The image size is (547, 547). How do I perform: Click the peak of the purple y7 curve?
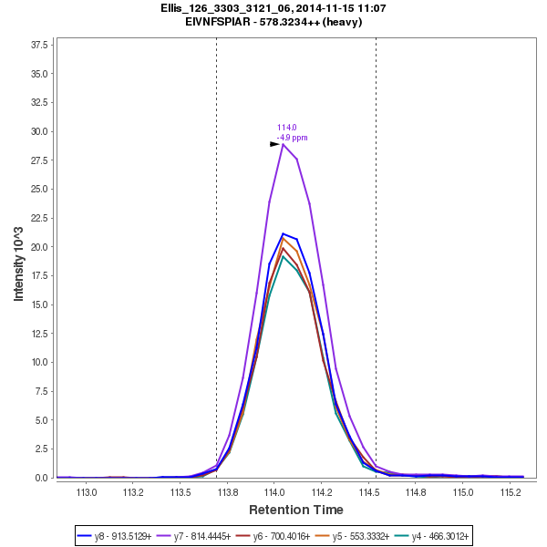click(x=283, y=144)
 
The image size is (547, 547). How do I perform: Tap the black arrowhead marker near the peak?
click(x=274, y=144)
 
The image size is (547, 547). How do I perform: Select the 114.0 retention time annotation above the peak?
click(x=286, y=128)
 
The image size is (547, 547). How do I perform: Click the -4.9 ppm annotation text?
click(x=292, y=138)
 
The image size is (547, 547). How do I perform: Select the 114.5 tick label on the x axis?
click(x=368, y=492)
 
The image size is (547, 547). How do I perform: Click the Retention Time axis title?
click(x=295, y=510)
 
